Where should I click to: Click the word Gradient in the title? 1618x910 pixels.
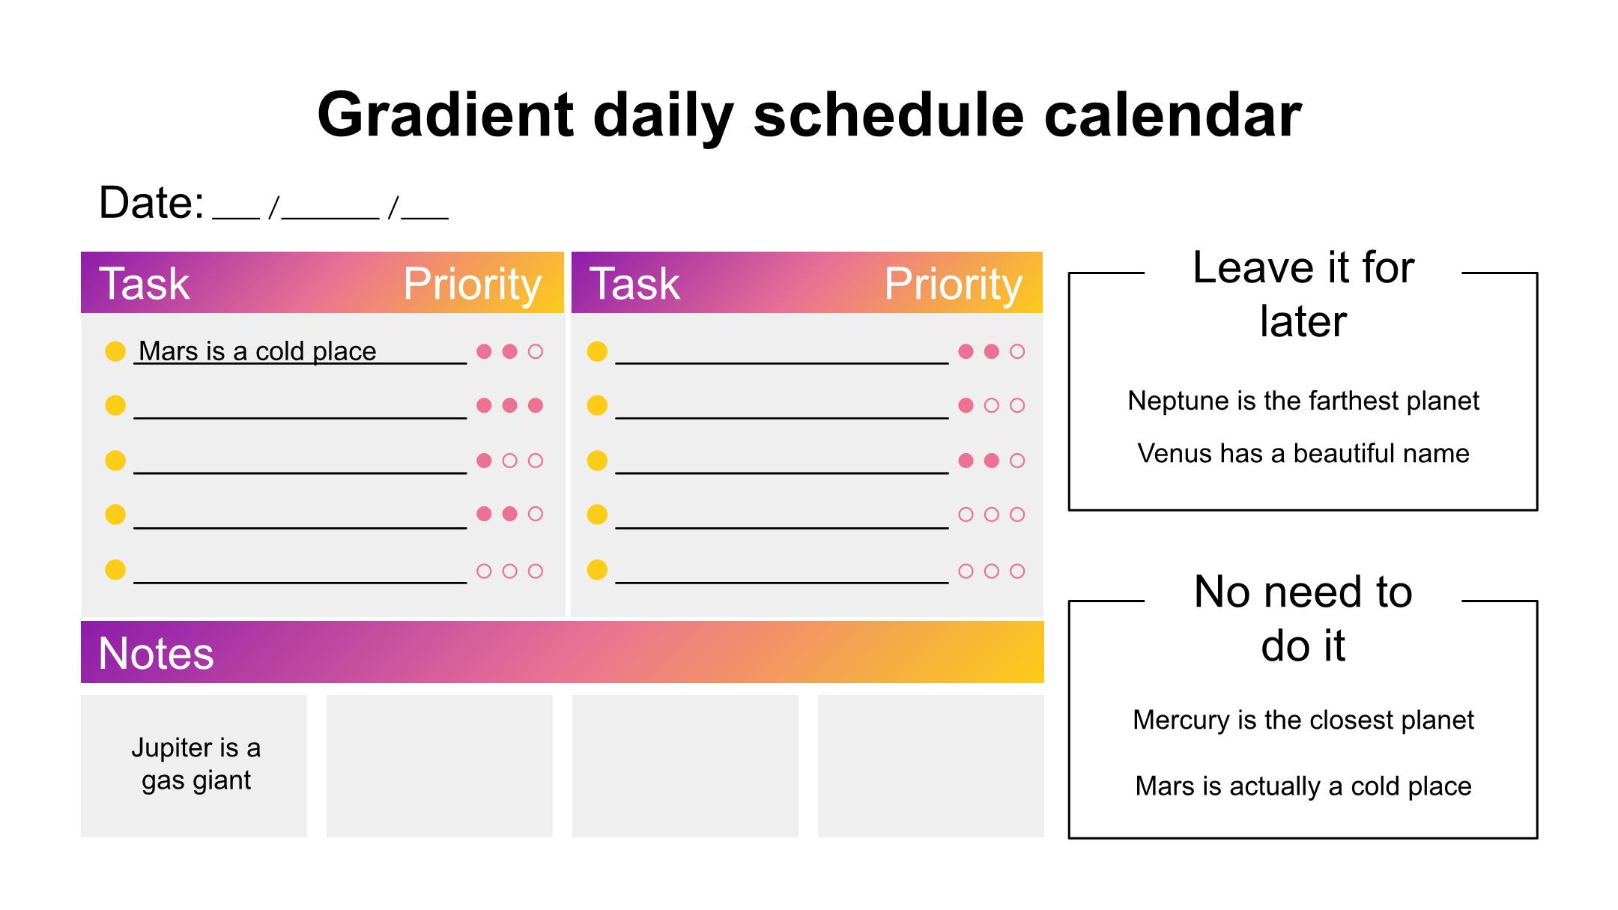[446, 115]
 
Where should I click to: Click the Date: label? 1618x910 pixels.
[151, 202]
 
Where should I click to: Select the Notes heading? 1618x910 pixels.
[156, 653]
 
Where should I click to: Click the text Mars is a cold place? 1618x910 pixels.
[258, 351]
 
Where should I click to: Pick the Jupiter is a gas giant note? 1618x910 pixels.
[196, 763]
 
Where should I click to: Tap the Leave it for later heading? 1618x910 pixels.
[1303, 294]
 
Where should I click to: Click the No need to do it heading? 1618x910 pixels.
[1303, 619]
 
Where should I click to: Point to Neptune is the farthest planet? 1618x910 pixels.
[1303, 401]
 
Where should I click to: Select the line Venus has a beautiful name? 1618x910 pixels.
[1303, 453]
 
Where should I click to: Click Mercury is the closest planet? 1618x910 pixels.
[1303, 720]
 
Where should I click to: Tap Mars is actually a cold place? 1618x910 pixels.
[1303, 786]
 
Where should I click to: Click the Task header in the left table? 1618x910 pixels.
[144, 283]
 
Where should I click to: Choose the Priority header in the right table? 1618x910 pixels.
[953, 284]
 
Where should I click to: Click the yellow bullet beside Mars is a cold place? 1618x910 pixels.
[115, 351]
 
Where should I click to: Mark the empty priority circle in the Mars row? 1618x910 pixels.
[536, 351]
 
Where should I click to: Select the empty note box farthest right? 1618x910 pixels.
[931, 766]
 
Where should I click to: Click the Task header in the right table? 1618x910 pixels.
[634, 283]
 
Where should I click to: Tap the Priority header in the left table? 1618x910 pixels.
[472, 284]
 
